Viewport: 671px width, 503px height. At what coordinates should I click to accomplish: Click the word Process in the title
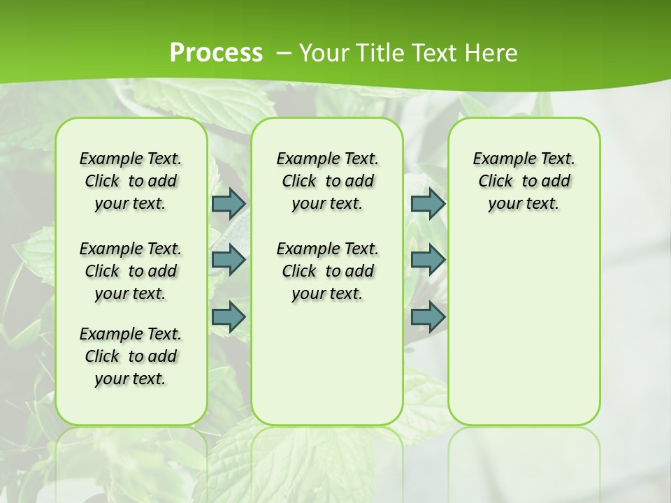pyautogui.click(x=216, y=53)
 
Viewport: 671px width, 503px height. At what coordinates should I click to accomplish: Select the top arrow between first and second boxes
pyautogui.click(x=229, y=203)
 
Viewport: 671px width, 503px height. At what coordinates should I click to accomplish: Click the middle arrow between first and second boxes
pyautogui.click(x=229, y=260)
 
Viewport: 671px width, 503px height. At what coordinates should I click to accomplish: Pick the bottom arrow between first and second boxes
pyautogui.click(x=229, y=316)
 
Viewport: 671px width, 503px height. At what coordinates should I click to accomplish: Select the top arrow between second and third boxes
pyautogui.click(x=428, y=203)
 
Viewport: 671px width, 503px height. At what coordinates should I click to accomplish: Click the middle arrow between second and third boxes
pyautogui.click(x=428, y=260)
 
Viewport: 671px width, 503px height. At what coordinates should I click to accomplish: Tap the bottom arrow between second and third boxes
pyautogui.click(x=428, y=316)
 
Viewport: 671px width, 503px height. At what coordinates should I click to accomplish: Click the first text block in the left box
pyautogui.click(x=131, y=181)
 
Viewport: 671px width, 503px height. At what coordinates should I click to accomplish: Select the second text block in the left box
pyautogui.click(x=131, y=271)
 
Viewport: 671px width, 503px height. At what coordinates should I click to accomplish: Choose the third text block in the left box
pyautogui.click(x=131, y=356)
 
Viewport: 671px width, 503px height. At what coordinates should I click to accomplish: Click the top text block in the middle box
pyautogui.click(x=327, y=181)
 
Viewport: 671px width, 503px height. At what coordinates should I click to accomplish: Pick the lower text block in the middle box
pyautogui.click(x=327, y=271)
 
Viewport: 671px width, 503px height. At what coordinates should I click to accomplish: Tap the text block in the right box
pyautogui.click(x=524, y=181)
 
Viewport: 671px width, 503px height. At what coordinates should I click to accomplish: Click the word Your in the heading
pyautogui.click(x=321, y=53)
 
